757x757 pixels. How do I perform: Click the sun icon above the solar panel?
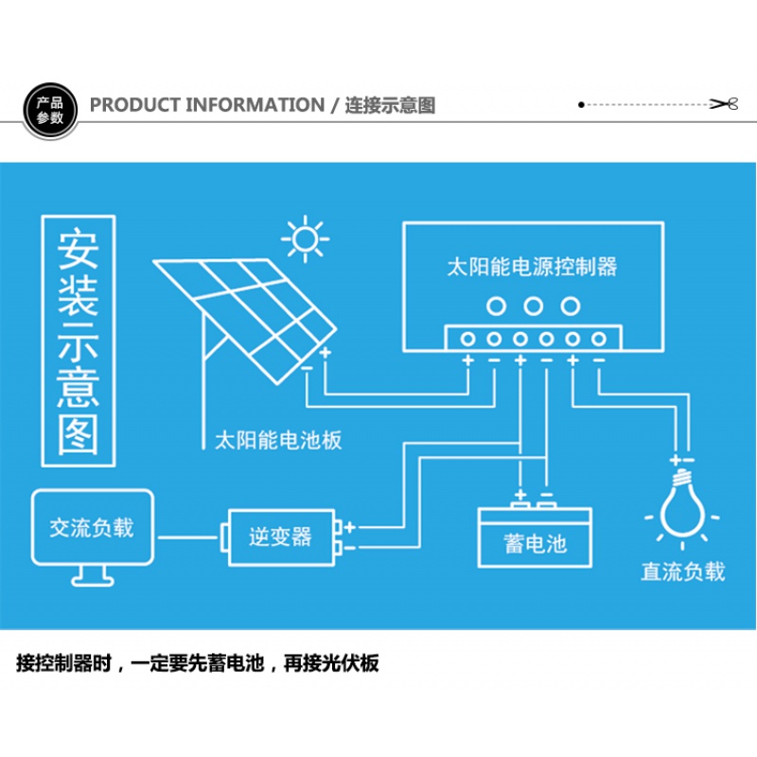click(305, 240)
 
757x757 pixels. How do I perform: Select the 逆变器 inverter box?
click(280, 537)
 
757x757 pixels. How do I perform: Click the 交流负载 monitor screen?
click(92, 527)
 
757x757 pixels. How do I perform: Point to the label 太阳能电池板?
click(278, 440)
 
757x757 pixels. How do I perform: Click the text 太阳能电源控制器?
click(532, 266)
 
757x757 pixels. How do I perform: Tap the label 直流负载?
click(682, 572)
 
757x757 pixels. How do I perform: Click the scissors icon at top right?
click(724, 104)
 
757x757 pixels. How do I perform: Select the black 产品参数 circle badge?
click(49, 111)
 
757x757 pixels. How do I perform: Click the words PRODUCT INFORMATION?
click(206, 105)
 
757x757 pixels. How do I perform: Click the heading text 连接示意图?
click(390, 105)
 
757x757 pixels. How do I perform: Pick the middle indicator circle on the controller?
click(534, 306)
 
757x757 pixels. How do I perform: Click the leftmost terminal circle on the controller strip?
click(467, 339)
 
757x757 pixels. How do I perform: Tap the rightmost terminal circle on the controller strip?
click(599, 339)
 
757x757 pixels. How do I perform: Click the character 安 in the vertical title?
click(79, 247)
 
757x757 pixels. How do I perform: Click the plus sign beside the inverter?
click(349, 526)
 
